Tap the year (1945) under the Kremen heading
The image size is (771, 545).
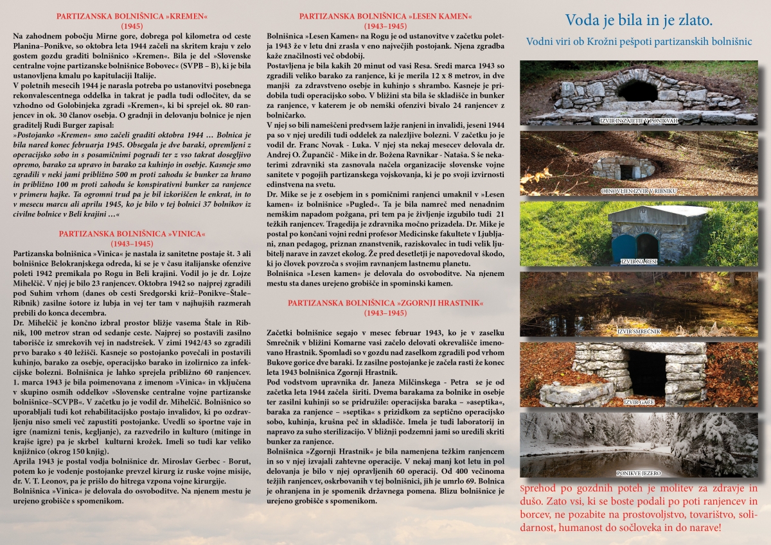pyautogui.click(x=132, y=26)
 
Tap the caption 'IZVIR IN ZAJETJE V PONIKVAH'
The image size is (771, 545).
pyautogui.click(x=638, y=121)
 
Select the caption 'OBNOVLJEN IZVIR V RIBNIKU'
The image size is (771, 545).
pyautogui.click(x=638, y=191)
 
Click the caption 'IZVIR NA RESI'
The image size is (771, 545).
pyautogui.click(x=638, y=262)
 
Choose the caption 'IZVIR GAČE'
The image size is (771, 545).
pyautogui.click(x=638, y=402)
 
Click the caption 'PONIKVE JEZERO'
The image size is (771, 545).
pyautogui.click(x=638, y=473)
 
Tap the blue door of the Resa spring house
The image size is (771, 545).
pyautogui.click(x=623, y=247)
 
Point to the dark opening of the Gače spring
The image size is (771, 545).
pyautogui.click(x=646, y=372)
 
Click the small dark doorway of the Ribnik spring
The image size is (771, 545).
pyautogui.click(x=626, y=171)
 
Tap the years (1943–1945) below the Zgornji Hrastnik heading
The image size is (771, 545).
pyautogui.click(x=384, y=313)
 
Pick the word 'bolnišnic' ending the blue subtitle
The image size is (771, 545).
pyautogui.click(x=730, y=42)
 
